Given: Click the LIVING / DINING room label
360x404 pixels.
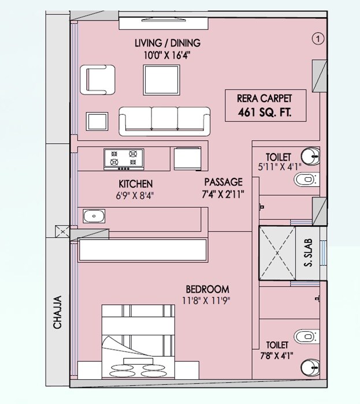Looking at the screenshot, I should click(x=167, y=43).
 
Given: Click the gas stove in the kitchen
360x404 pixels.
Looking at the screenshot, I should click(x=124, y=159).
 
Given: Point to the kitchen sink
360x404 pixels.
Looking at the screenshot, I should click(x=94, y=216).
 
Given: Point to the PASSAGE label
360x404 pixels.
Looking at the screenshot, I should click(x=224, y=182).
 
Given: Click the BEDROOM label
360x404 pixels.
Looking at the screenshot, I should click(x=207, y=289).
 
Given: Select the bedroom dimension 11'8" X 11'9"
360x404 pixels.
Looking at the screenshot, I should click(x=207, y=300).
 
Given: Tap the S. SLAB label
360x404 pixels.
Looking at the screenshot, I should click(x=308, y=254).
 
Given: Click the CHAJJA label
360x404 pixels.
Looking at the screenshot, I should click(x=58, y=312).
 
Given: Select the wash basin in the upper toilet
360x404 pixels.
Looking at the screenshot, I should click(x=310, y=155).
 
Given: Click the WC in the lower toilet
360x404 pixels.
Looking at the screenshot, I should click(x=306, y=336).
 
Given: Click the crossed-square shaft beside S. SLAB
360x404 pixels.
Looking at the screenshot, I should click(x=274, y=253).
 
